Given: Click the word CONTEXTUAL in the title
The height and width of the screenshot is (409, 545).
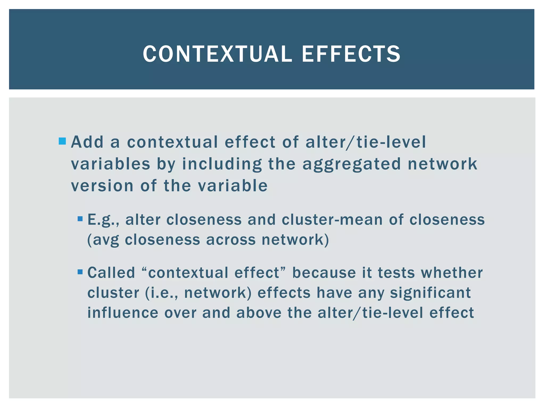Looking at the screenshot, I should click(x=217, y=54).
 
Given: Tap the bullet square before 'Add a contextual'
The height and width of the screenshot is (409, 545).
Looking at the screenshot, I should click(x=62, y=141).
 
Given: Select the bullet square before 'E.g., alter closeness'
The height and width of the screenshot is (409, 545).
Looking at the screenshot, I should click(x=80, y=219).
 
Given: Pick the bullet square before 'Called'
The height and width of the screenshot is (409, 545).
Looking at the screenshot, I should click(x=80, y=272).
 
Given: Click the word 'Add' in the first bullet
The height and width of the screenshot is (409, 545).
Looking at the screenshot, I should click(x=87, y=142).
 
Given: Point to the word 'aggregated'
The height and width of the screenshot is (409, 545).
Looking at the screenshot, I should click(x=351, y=165).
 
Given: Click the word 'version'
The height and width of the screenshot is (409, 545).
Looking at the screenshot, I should click(x=102, y=186).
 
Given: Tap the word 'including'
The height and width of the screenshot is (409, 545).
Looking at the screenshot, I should click(x=222, y=165).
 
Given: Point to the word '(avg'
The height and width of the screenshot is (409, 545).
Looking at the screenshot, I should click(x=103, y=240).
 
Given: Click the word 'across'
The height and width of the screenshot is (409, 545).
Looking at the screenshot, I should click(x=230, y=240).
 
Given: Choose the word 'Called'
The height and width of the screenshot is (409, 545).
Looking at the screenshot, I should click(x=111, y=273).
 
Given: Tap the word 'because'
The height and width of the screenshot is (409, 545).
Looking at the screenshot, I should click(x=324, y=273).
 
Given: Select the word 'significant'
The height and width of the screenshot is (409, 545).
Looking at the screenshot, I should click(x=430, y=293).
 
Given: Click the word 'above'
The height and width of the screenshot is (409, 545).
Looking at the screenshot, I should click(x=259, y=313).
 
